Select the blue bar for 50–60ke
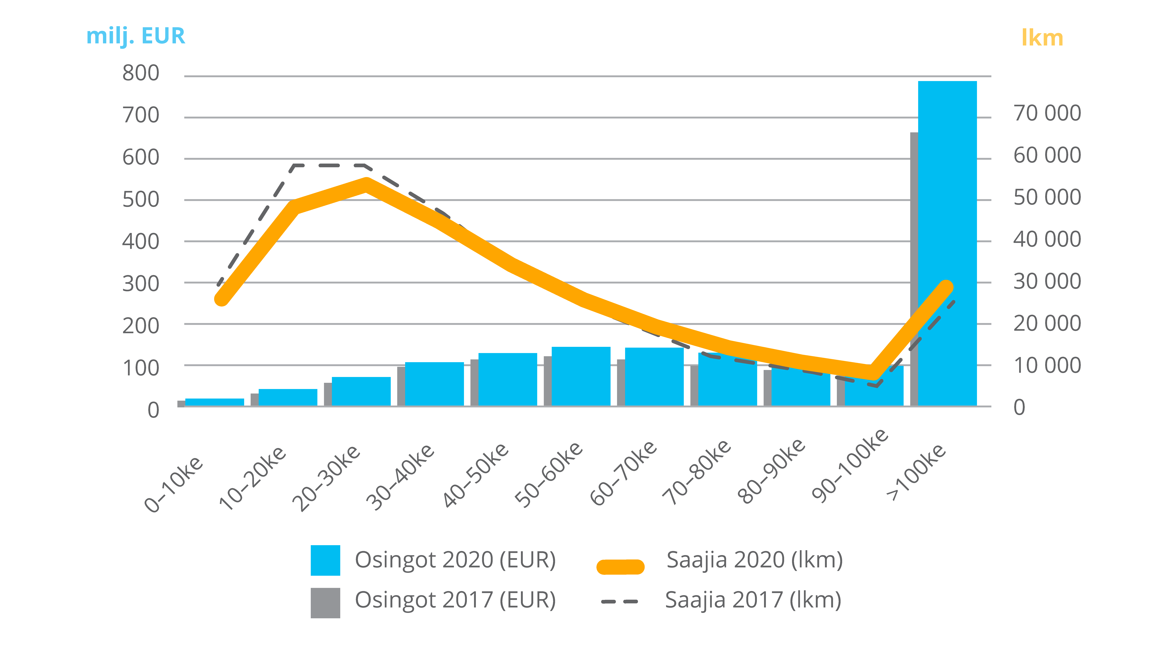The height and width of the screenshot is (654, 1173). click(x=581, y=376)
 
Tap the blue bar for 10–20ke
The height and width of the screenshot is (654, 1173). click(x=288, y=397)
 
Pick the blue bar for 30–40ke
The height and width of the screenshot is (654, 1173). click(x=434, y=384)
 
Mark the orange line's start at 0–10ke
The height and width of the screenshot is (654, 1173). click(x=221, y=299)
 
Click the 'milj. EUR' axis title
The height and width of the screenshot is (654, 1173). click(x=136, y=36)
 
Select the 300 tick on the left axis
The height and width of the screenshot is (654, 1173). click(x=141, y=284)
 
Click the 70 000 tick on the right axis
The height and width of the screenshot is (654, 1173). click(x=1047, y=113)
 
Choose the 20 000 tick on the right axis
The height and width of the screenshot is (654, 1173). click(x=1047, y=323)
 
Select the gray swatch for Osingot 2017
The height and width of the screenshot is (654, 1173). click(x=325, y=603)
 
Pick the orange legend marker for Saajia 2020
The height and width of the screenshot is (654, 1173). click(x=620, y=567)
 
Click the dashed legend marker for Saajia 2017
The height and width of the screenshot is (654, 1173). click(x=619, y=602)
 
